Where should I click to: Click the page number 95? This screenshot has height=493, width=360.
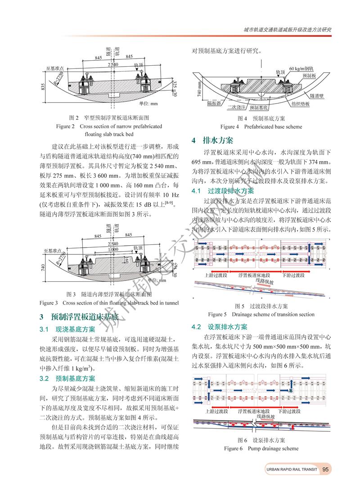tap(326, 469)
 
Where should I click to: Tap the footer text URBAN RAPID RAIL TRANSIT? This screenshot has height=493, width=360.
tap(291, 470)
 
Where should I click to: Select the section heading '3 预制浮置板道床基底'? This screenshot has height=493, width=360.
tap(80, 317)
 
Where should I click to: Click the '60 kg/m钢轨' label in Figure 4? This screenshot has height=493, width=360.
tap(301, 68)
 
